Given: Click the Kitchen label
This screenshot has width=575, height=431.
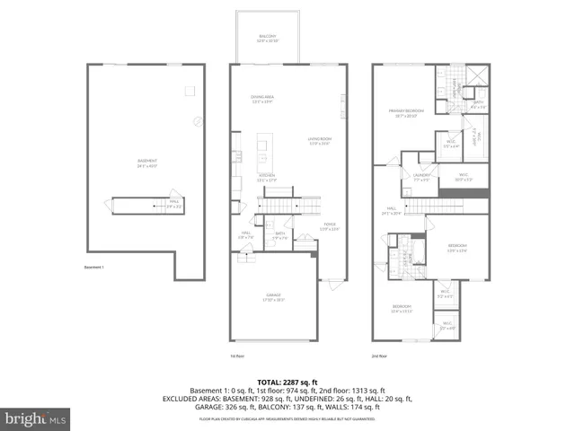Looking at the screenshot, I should point(267,175).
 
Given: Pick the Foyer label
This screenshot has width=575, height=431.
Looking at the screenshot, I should point(329,226).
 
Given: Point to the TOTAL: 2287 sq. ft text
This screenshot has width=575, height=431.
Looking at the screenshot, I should point(287,382).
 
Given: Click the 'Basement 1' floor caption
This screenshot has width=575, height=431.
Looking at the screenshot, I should point(94,267).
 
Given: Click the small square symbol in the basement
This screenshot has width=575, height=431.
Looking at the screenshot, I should point(190,90).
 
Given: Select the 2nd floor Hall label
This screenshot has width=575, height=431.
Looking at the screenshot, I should point(390,212).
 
